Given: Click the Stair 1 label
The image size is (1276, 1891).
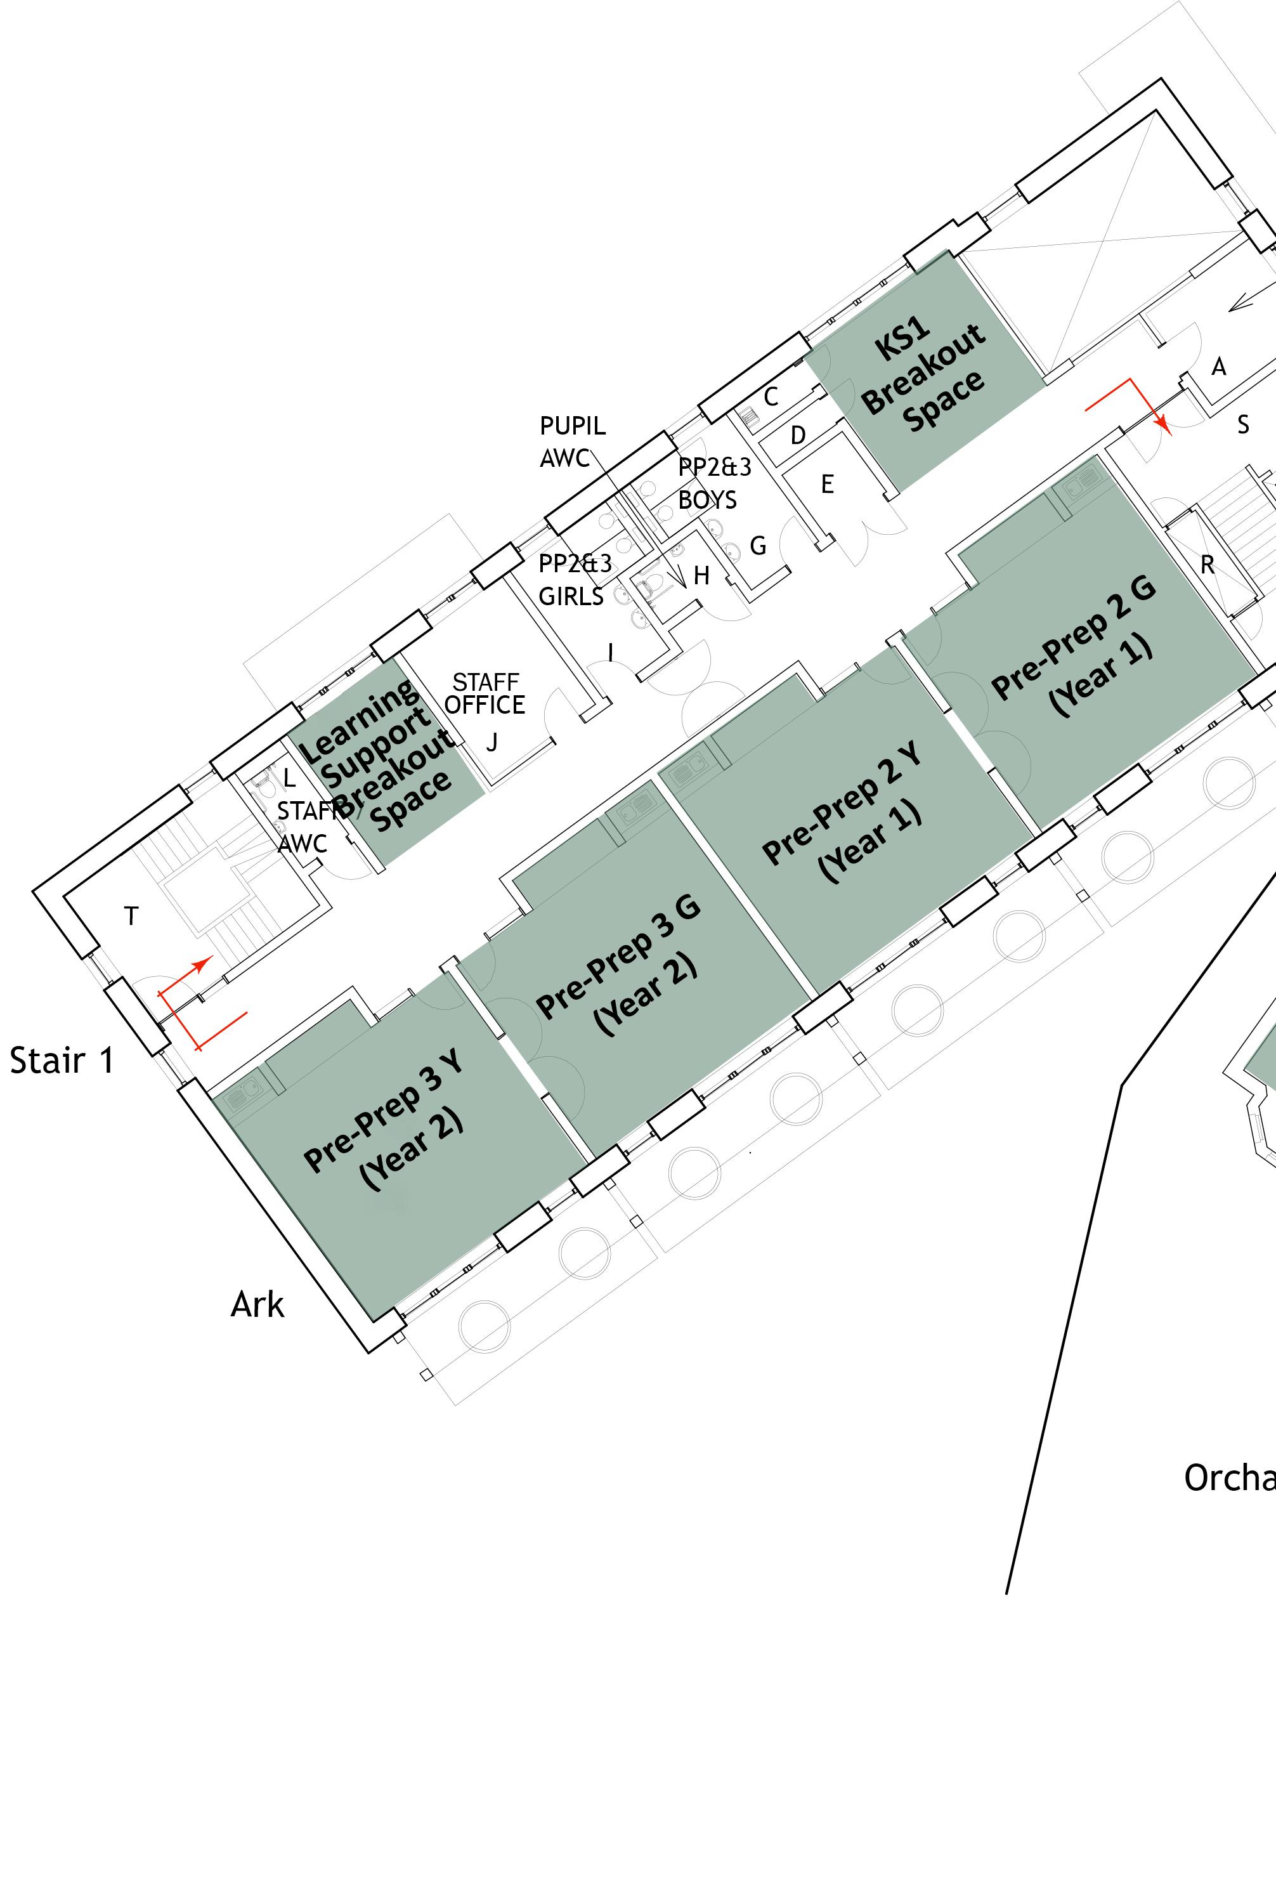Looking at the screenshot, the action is (62, 1061).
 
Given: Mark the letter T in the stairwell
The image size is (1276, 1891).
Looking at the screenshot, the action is (132, 917).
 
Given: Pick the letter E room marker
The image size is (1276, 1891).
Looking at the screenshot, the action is (827, 485).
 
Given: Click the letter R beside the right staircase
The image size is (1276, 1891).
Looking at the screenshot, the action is (1207, 565).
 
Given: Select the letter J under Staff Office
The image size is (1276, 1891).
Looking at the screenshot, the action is (492, 742).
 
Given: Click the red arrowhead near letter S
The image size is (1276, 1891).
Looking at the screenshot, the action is (1164, 425).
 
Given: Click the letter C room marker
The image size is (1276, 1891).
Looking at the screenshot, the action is (771, 396).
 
